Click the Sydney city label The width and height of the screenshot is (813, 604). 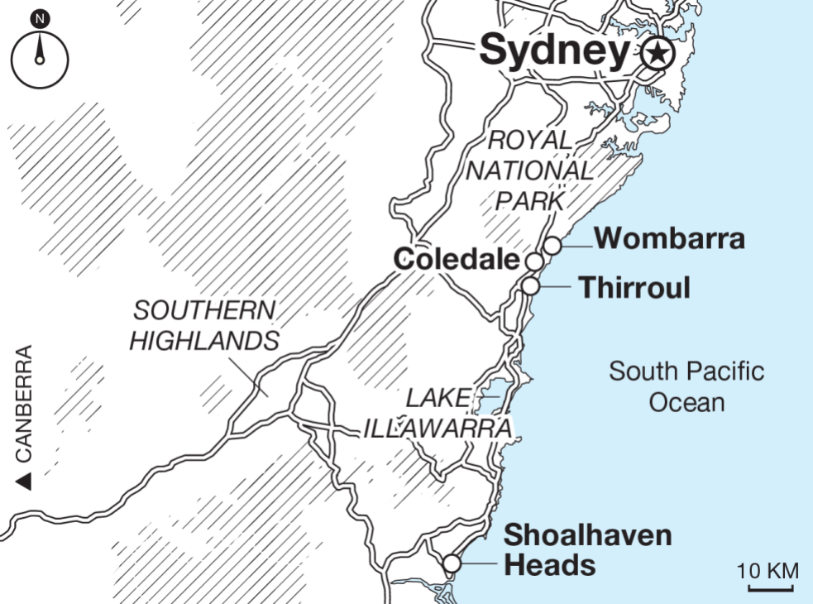click(x=555, y=51)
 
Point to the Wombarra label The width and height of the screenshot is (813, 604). click(x=669, y=238)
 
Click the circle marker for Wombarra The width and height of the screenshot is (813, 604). click(x=552, y=245)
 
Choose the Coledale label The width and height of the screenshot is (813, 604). click(x=457, y=260)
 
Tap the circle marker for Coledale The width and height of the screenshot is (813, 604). click(x=535, y=262)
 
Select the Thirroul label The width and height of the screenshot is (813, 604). click(x=634, y=288)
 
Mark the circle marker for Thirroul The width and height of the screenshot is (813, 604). click(x=530, y=286)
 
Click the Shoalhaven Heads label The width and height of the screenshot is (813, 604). click(x=587, y=549)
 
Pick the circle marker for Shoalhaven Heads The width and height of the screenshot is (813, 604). click(x=451, y=563)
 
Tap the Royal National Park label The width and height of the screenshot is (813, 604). click(x=528, y=170)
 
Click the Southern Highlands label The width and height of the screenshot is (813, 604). click(x=204, y=325)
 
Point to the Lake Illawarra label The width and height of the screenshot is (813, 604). click(x=437, y=414)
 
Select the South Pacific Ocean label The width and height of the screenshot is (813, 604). click(x=686, y=386)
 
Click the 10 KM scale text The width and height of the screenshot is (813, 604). click(x=768, y=570)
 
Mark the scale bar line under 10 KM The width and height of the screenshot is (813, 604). click(x=770, y=588)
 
